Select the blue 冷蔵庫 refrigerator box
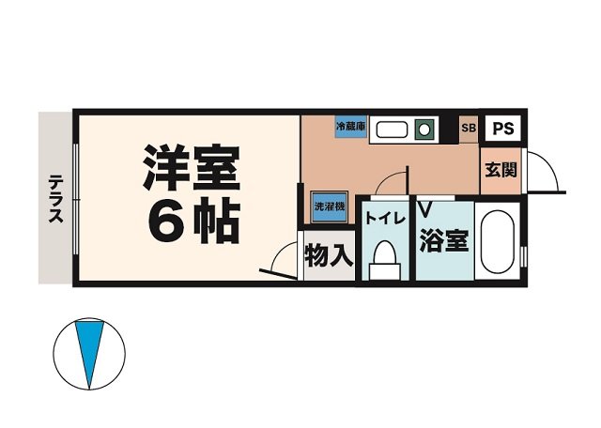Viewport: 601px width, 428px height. click(x=350, y=127)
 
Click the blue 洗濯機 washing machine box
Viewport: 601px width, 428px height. click(x=328, y=205)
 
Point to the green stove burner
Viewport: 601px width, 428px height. click(x=424, y=127)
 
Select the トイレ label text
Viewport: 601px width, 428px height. click(x=384, y=219)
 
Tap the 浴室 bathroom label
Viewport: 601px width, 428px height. click(x=443, y=240)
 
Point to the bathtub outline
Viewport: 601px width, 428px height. click(x=498, y=242)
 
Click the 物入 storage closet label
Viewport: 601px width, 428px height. click(x=328, y=253)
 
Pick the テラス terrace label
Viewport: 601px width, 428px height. click(x=56, y=198)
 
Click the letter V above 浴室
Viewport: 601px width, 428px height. click(x=424, y=207)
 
